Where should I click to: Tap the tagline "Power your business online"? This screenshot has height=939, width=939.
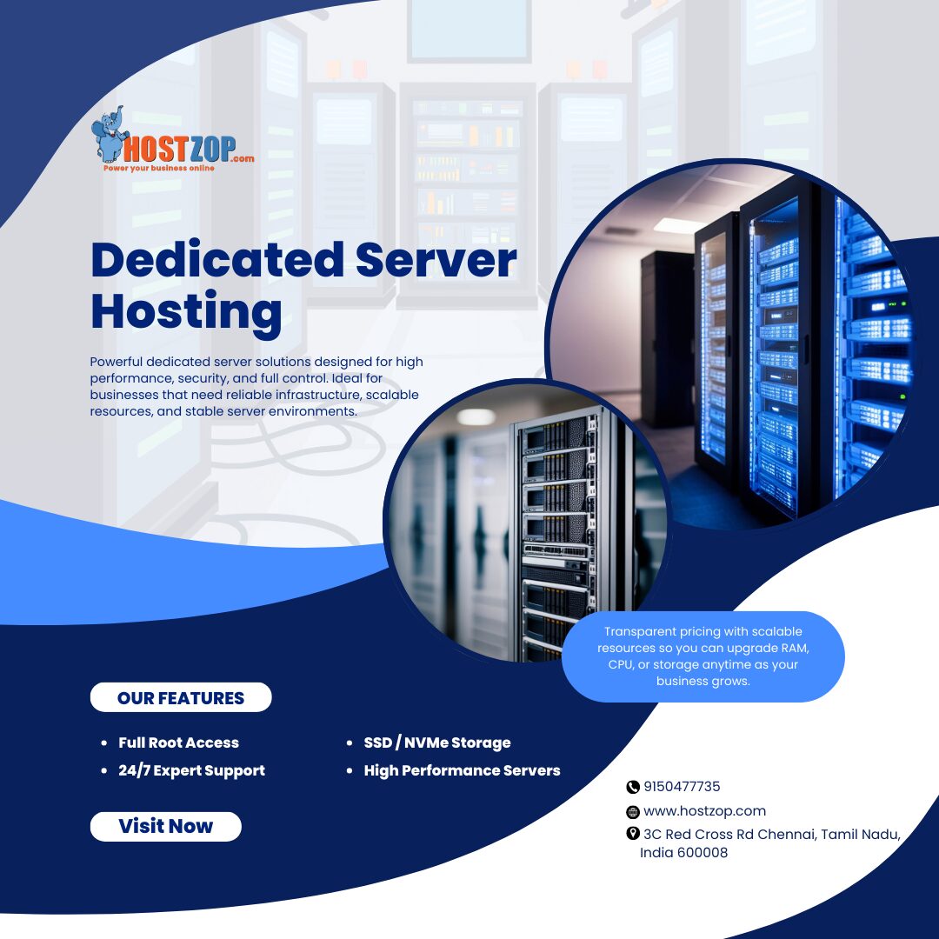tap(159, 168)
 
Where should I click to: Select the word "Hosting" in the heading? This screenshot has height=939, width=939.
tap(186, 310)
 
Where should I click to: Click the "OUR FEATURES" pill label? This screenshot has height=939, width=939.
tap(181, 697)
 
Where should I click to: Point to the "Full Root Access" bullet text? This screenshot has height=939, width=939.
tap(178, 743)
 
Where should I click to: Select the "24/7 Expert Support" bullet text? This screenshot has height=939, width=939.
tap(191, 770)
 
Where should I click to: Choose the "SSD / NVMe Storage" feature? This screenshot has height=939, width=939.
tap(436, 743)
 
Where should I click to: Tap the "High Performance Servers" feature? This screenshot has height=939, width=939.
tap(462, 770)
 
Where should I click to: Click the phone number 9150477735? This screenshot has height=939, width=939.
tap(682, 787)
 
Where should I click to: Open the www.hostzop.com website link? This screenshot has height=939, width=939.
tap(704, 811)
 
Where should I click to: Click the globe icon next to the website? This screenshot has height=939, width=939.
tap(633, 812)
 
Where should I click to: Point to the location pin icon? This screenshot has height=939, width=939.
tap(633, 834)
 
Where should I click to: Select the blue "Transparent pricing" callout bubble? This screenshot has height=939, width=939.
tap(703, 656)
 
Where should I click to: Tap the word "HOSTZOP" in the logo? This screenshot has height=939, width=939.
tap(179, 149)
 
